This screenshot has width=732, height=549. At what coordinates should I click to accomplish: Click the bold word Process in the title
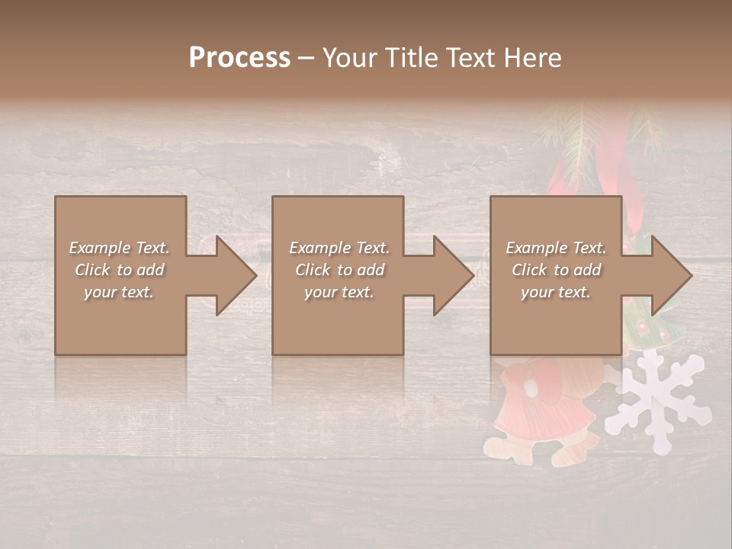239,58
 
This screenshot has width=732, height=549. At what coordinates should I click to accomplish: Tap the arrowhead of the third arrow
670,275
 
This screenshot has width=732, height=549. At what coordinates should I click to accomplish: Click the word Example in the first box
98,248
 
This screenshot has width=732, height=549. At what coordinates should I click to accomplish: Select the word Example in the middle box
319,248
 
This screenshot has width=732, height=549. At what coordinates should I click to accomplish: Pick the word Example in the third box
535,248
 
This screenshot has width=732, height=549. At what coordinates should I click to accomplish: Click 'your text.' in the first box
119,292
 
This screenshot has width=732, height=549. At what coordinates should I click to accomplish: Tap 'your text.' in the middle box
339,292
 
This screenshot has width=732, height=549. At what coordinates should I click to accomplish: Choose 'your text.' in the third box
555,292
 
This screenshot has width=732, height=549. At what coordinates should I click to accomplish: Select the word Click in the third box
530,270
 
